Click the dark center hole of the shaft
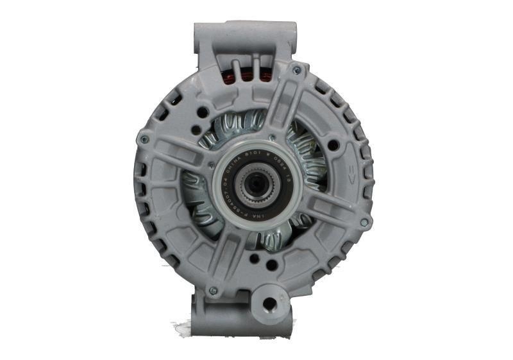[255, 185]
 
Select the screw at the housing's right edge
[364, 223]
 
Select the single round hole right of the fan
[333, 146]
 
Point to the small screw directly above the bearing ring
[272, 137]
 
